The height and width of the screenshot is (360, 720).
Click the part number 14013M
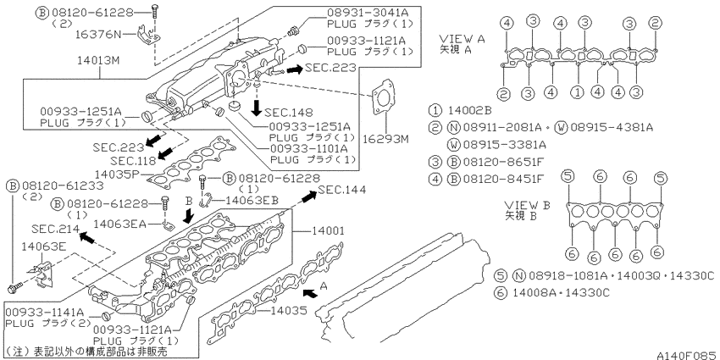coord(96,61)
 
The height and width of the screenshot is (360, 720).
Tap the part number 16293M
coord(385,138)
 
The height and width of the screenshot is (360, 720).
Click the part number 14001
coord(328,231)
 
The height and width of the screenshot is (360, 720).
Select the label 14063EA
coord(119,224)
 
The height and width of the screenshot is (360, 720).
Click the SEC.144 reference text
coord(341,189)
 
